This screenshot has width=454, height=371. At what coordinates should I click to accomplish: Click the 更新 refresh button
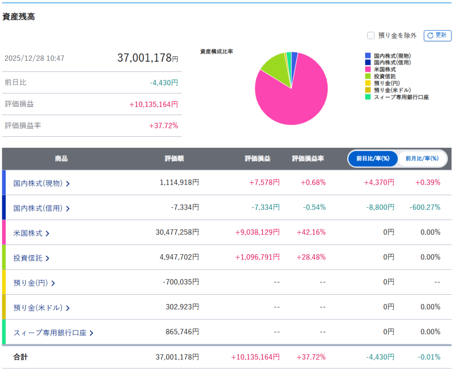pos(437,36)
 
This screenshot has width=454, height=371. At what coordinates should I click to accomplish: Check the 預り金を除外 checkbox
pos(371,36)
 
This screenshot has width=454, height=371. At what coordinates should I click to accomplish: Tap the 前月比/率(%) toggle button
pos(422,158)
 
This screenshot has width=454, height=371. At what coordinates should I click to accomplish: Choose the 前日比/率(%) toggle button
pos(373,158)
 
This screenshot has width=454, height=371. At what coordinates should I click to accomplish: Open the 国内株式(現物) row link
pos(42,183)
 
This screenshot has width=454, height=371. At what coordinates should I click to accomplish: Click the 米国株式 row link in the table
pos(31,233)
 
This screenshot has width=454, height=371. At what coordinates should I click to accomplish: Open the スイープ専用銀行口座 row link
pos(53,332)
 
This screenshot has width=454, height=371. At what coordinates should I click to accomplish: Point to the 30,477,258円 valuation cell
pos(177,232)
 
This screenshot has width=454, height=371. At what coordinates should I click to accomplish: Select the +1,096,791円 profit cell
pos(257,257)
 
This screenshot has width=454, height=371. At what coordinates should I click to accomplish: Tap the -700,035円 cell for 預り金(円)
pos(180,282)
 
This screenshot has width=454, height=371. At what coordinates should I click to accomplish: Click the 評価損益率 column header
pos(308,158)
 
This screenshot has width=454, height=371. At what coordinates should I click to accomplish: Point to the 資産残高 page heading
pos(19,17)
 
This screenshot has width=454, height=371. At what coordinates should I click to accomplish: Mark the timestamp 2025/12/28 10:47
pos(35,58)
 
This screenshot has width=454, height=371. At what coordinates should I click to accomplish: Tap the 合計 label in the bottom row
pos(20,357)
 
